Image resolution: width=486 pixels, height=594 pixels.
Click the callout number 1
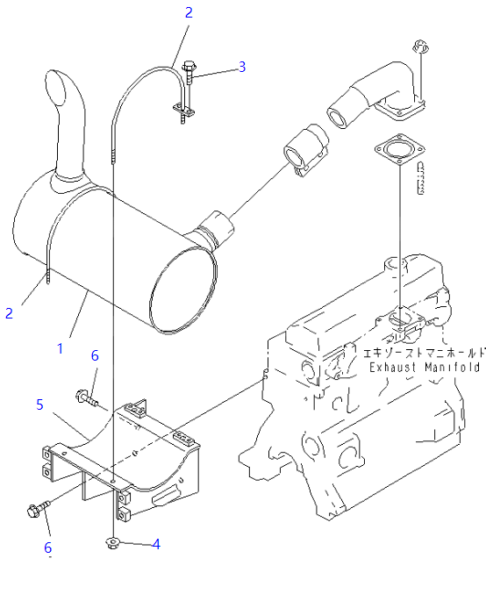pyautogui.click(x=60, y=348)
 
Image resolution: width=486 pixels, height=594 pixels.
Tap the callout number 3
pyautogui.click(x=242, y=67)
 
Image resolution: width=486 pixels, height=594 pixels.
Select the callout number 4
pyautogui.click(x=156, y=544)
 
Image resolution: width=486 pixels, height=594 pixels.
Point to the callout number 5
pyautogui.click(x=39, y=404)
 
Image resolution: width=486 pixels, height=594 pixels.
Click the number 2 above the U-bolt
pyautogui.click(x=189, y=12)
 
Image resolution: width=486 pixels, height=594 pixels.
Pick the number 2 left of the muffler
pyautogui.click(x=9, y=313)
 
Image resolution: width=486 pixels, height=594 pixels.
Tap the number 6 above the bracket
pyautogui.click(x=95, y=355)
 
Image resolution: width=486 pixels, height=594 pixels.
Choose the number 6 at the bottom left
pyautogui.click(x=47, y=547)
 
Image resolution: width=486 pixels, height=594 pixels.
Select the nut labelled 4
pyautogui.click(x=111, y=544)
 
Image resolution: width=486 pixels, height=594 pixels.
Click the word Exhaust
pyautogui.click(x=392, y=368)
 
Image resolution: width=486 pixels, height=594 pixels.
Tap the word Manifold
pyautogui.click(x=452, y=368)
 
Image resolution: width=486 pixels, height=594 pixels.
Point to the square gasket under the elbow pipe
pyautogui.click(x=400, y=149)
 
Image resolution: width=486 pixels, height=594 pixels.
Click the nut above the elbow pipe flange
pyautogui.click(x=420, y=47)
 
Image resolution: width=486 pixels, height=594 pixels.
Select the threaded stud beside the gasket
pyautogui.click(x=420, y=178)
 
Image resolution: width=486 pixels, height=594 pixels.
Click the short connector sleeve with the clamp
pyautogui.click(x=306, y=150)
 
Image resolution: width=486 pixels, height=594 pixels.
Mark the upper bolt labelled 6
pyautogui.click(x=87, y=397)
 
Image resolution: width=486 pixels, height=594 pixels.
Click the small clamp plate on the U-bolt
pyautogui.click(x=183, y=110)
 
